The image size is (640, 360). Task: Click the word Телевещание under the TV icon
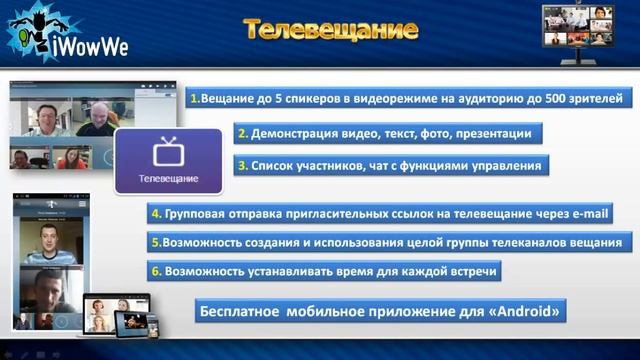coord(168,179)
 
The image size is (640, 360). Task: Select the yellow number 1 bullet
coord(194,98)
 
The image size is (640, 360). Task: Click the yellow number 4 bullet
coord(156,213)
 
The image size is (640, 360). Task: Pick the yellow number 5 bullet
coord(156,242)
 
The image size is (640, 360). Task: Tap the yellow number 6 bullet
coord(156,270)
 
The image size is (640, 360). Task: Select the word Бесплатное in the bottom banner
coord(240,311)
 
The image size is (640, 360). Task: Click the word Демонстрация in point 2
coord(296,132)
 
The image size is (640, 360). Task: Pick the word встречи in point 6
coord(468,270)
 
